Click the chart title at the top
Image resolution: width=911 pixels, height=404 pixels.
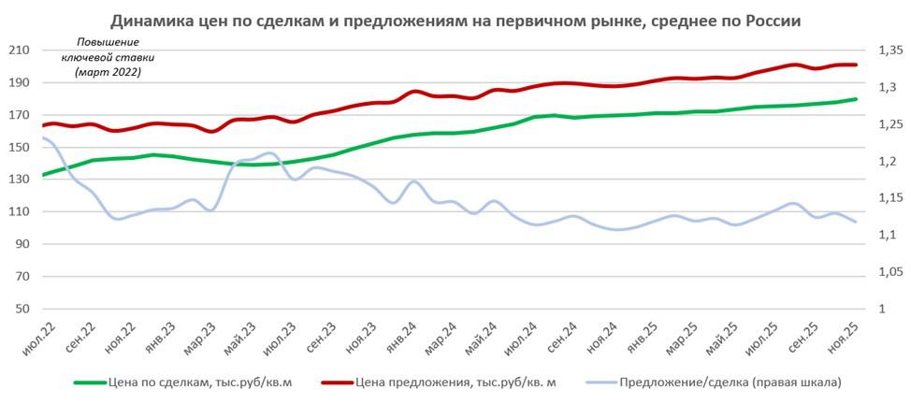click(x=455, y=20)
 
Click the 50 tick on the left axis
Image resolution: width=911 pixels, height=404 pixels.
click(x=22, y=310)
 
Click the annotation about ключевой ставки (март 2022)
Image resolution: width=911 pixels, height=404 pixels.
click(x=106, y=57)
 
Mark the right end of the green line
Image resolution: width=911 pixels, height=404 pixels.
click(x=856, y=99)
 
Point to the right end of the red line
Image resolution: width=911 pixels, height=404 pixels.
click(x=856, y=65)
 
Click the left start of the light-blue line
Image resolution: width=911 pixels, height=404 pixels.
click(x=43, y=137)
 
